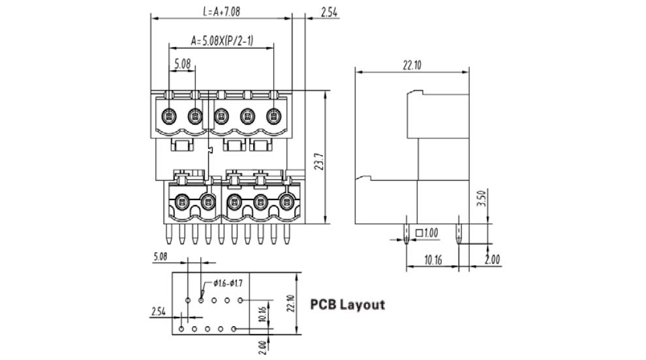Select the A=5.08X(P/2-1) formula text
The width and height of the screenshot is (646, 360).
[222, 41]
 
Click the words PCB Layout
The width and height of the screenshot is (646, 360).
[347, 305]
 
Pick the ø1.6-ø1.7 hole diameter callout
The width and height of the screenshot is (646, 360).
[228, 283]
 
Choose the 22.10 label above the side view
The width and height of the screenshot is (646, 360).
[412, 65]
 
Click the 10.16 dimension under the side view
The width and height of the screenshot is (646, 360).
[433, 260]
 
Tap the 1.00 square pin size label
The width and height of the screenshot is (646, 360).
[431, 233]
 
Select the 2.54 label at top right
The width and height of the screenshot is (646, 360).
[329, 11]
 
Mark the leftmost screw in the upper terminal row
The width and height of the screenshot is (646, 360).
[168, 117]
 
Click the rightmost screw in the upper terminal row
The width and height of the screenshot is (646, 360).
[273, 117]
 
